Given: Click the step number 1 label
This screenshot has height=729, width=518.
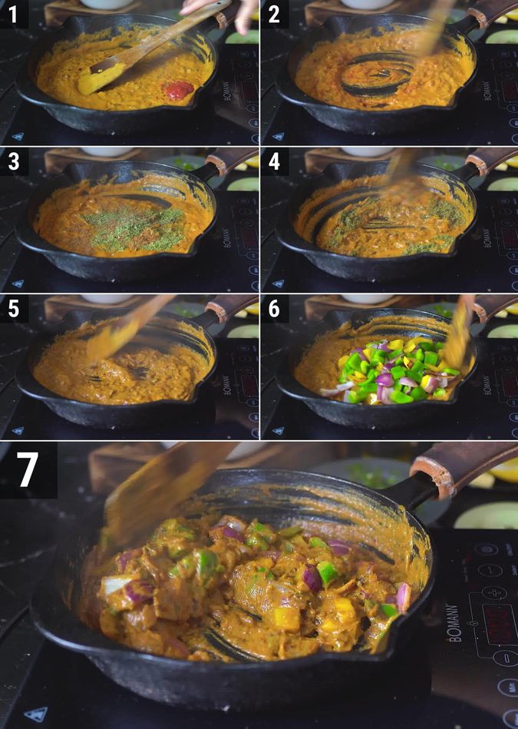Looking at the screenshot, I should [x=14, y=14].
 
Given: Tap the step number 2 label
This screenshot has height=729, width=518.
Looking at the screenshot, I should [x=275, y=14].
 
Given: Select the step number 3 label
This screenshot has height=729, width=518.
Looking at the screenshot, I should [x=14, y=161].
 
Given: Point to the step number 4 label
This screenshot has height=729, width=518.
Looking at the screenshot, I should [x=275, y=161].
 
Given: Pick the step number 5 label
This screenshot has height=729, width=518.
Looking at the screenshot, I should [x=14, y=309].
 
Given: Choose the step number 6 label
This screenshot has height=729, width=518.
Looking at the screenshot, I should [x=275, y=309].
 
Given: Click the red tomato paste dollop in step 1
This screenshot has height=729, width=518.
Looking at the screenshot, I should [x=178, y=89].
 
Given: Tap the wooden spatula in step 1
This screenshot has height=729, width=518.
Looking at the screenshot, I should [x=138, y=54].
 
